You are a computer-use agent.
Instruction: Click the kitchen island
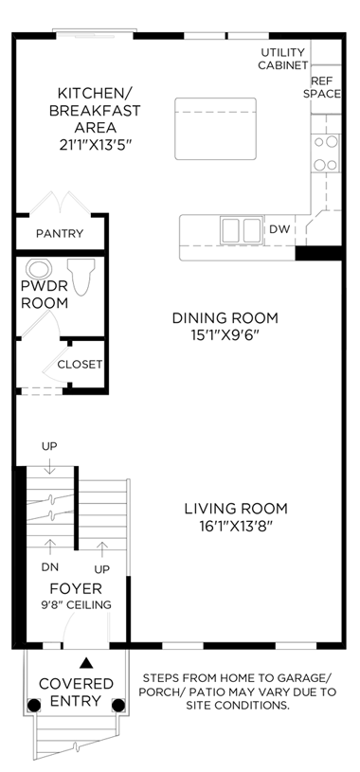pyautogui.click(x=215, y=129)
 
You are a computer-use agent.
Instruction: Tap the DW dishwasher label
pyautogui.click(x=279, y=229)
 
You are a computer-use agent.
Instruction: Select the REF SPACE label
pyautogui.click(x=321, y=87)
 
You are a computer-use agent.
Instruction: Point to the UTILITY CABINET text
pyautogui.click(x=283, y=59)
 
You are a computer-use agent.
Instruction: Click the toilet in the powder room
pyautogui.click(x=81, y=277)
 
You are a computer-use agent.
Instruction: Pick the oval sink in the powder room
pyautogui.click(x=39, y=269)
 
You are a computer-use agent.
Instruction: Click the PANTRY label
pyautogui.click(x=60, y=233)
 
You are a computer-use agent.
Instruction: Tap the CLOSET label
pyautogui.click(x=80, y=365)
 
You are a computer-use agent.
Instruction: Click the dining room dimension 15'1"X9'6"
pyautogui.click(x=225, y=335)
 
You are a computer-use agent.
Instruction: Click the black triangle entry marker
pyautogui.click(x=86, y=663)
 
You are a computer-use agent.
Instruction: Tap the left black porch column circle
pyautogui.click(x=33, y=705)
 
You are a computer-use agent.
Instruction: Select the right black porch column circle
pyautogui.click(x=118, y=705)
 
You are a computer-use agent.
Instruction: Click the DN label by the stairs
pyautogui.click(x=50, y=567)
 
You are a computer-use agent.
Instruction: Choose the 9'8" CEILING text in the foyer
pyautogui.click(x=76, y=604)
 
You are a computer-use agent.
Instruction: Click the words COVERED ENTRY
pyautogui.click(x=76, y=691)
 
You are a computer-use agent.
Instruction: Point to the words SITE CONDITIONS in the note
pyautogui.click(x=238, y=706)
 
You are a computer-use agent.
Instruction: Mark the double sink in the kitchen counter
pyautogui.click(x=241, y=230)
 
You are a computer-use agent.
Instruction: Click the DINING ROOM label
pyautogui.click(x=225, y=318)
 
